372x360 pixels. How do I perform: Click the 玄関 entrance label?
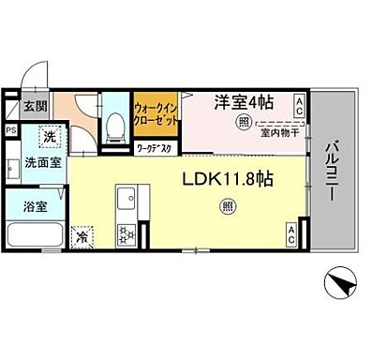pyautogui.click(x=35, y=106)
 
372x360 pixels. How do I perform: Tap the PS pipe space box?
pyautogui.click(x=10, y=132)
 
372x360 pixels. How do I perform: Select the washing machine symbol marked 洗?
pyautogui.click(x=44, y=135)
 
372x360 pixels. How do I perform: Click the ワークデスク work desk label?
pyautogui.click(x=154, y=147)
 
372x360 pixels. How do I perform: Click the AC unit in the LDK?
pyautogui.click(x=291, y=235)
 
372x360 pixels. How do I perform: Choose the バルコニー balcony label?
pyautogui.click(x=333, y=173)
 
